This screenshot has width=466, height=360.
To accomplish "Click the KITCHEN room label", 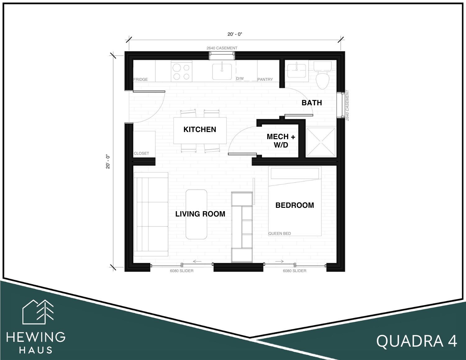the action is (200, 130).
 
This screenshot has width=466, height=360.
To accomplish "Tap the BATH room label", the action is (312, 103).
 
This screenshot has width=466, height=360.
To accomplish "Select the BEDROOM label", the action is (295, 205).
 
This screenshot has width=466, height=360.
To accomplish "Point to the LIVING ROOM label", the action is (200, 214).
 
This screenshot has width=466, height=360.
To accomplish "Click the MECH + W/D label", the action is (281, 141).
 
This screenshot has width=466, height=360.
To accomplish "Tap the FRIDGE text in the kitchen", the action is (140, 79).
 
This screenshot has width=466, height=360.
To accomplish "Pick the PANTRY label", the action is (265, 79).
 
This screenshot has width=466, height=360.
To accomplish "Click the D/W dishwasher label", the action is (240, 79).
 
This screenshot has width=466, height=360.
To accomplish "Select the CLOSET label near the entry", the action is (141, 153).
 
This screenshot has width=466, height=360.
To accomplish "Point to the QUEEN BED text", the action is (280, 234).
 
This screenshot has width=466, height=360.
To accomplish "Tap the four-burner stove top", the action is (181, 71).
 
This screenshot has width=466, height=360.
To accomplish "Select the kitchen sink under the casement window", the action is (222, 72).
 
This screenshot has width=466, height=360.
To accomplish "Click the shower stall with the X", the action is (321, 142).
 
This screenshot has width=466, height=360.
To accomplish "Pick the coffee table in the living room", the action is (196, 214).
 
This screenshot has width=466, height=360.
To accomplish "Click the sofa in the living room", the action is (151, 214).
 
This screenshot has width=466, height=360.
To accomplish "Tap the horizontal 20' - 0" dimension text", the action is (235, 34).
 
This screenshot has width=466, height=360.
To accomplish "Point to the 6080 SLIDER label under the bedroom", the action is (295, 271).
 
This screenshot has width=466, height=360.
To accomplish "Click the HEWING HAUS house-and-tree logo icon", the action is (38, 312).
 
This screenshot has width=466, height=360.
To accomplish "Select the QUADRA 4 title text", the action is (417, 341).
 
